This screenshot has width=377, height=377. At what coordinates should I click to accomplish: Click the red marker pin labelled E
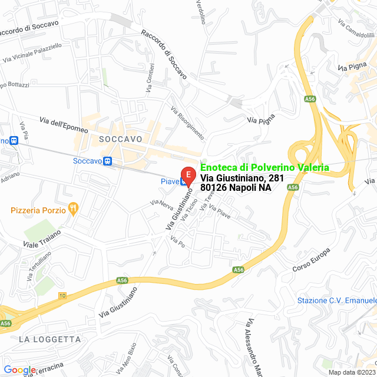(x=188, y=176)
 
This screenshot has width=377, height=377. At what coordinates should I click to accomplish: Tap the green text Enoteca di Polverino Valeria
(x=264, y=167)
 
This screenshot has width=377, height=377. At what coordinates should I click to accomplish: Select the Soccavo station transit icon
(x=107, y=161)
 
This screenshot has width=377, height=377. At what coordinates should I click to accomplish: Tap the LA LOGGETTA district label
(x=49, y=339)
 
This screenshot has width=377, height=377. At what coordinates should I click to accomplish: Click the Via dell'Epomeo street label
(x=64, y=125)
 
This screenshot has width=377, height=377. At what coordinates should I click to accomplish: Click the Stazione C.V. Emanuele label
(x=336, y=300)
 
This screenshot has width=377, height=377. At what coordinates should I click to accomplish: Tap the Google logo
(x=19, y=369)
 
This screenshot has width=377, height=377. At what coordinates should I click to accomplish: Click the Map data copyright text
(x=351, y=372)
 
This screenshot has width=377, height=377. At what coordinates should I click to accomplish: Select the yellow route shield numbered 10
(x=62, y=295)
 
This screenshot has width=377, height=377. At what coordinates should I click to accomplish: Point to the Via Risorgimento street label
(x=187, y=123)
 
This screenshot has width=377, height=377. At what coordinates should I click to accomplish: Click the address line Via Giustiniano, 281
(x=243, y=178)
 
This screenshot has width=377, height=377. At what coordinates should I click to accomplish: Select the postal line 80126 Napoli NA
(x=236, y=188)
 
